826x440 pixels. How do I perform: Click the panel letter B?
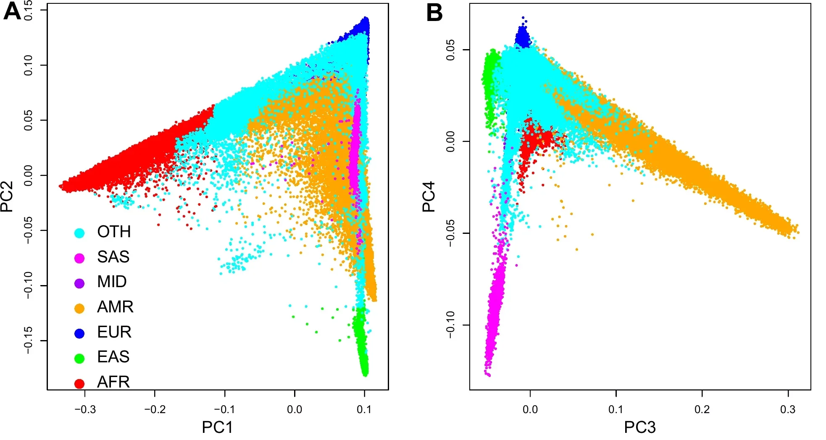click(434, 13)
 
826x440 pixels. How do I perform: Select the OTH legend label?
click(114, 232)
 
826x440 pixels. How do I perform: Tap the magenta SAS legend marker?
click(79, 258)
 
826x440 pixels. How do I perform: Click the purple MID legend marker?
click(79, 283)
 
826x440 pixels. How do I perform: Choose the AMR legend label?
click(115, 307)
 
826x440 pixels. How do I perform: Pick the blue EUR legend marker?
click(79, 333)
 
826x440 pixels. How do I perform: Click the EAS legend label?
click(113, 357)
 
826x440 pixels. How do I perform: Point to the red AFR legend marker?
click(79, 383)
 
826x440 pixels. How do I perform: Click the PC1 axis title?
click(217, 427)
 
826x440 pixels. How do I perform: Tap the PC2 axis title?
click(7, 196)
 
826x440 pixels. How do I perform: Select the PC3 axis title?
click(639, 427)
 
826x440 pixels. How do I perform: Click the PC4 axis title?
click(429, 196)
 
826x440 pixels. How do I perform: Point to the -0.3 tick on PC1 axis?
click(85, 409)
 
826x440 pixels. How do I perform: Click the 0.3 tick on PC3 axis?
click(788, 409)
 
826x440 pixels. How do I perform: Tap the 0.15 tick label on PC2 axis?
click(28, 10)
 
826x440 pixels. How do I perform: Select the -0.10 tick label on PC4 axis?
click(450, 325)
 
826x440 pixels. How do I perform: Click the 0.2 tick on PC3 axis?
click(702, 409)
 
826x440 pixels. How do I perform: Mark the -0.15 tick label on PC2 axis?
click(28, 340)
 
